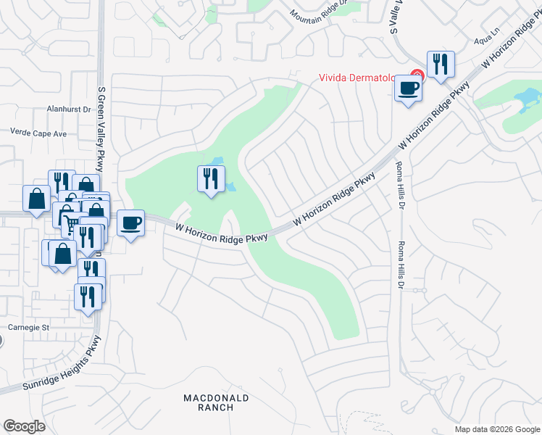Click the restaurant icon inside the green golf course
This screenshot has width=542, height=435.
click(211, 178)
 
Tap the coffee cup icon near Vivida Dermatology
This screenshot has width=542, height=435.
click(409, 88)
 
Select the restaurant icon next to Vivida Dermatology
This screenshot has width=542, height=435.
click(440, 65)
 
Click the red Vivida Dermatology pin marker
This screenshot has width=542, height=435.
click(417, 74)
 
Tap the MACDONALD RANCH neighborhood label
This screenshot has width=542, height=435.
click(216, 402)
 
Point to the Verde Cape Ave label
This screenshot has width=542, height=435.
click(38, 133)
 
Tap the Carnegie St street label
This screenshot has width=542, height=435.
click(28, 327)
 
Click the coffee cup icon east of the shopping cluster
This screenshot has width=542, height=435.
click(130, 223)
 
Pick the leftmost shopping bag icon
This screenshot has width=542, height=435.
click(36, 199)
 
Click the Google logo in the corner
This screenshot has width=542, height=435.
click(24, 426)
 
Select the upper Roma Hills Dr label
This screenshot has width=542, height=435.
click(399, 181)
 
